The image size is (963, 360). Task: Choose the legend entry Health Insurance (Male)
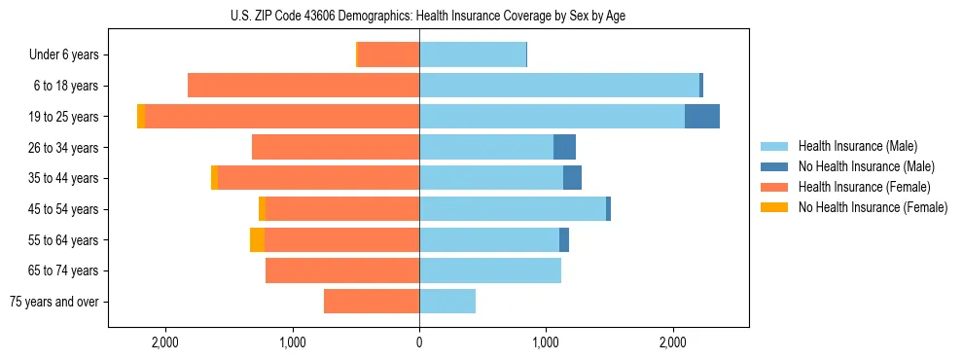(857, 146)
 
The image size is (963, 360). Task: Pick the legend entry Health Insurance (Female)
(864, 187)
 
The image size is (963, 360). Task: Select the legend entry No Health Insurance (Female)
(873, 207)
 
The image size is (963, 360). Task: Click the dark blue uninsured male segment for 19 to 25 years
(702, 117)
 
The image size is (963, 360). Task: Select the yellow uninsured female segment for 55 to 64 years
(257, 240)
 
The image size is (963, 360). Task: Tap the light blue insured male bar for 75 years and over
(447, 302)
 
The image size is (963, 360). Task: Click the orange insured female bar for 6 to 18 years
(303, 86)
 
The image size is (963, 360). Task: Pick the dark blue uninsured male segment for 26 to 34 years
(564, 148)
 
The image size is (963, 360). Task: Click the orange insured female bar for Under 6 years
(389, 55)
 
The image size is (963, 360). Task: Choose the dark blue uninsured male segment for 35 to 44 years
(572, 178)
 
